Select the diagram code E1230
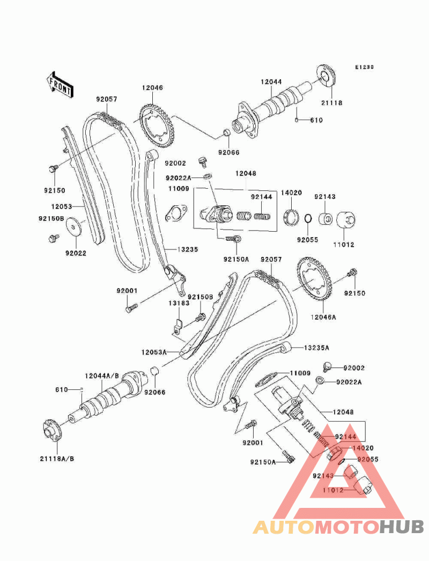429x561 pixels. [364, 68]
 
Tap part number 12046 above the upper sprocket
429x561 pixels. [152, 87]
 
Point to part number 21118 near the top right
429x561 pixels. [331, 102]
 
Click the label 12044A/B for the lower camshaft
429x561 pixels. [102, 377]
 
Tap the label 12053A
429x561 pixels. [154, 352]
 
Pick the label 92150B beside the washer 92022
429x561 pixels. [51, 219]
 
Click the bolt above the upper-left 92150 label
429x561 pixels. [53, 168]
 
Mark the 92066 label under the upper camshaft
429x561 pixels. [229, 152]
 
